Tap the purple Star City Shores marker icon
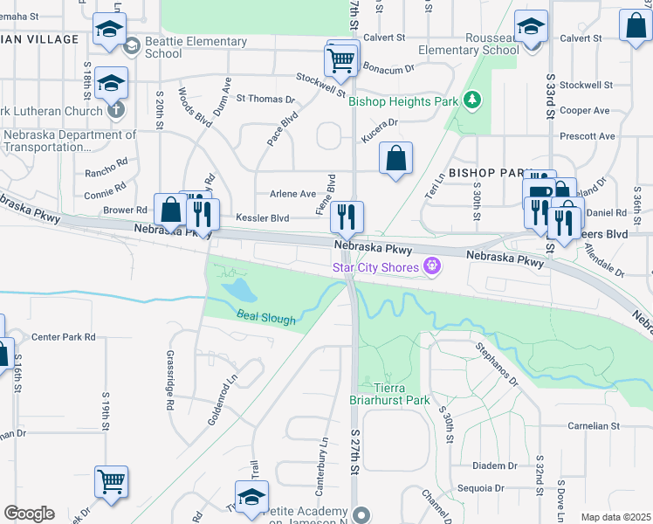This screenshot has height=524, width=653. point(431,265)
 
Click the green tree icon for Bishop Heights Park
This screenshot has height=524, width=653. point(472,100)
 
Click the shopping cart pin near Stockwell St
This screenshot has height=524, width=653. point(341,60)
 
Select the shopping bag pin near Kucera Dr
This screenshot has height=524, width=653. point(395,159)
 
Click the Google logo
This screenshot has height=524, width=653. point(29,514)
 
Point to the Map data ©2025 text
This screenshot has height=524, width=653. point(615,517)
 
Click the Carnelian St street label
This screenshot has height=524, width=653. point(593,426)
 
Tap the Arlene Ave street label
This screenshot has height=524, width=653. point(292,194)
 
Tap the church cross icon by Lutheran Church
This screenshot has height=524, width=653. point(117,111)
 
